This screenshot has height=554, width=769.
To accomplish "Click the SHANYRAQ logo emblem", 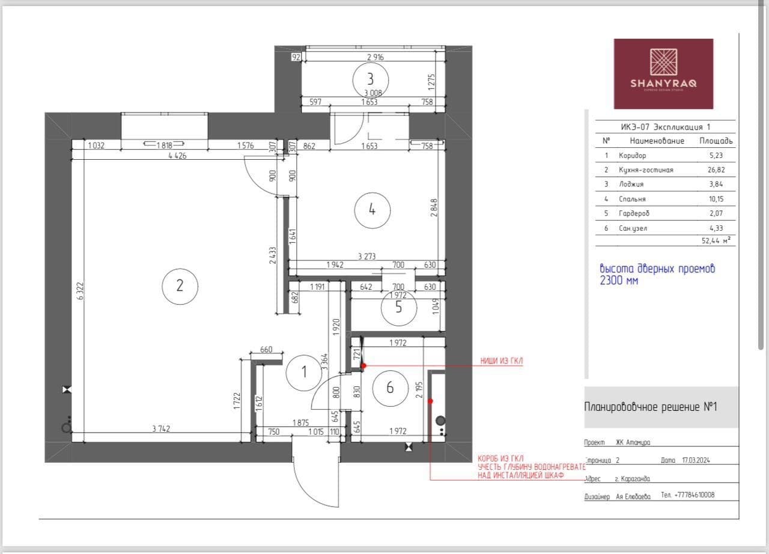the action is pyautogui.click(x=664, y=62).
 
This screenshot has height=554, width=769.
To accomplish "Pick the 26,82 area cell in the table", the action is pyautogui.click(x=716, y=169).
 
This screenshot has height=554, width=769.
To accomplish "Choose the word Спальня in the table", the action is pyautogui.click(x=632, y=199).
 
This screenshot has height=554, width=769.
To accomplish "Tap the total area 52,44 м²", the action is pyautogui.click(x=716, y=240).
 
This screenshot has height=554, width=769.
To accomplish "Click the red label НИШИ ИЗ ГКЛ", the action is pyautogui.click(x=501, y=361).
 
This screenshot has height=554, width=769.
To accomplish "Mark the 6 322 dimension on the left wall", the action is pyautogui.click(x=81, y=291).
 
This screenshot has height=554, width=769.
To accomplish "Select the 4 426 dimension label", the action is pyautogui.click(x=177, y=156).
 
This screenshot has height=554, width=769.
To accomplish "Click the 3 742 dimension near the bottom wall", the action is pyautogui.click(x=161, y=428).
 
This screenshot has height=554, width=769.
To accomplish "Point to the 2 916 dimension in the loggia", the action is pyautogui.click(x=375, y=57).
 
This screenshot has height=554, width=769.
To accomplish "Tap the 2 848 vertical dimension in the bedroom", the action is pyautogui.click(x=434, y=208).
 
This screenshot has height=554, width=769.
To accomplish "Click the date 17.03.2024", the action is pyautogui.click(x=696, y=460).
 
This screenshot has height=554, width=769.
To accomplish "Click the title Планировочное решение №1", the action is pyautogui.click(x=651, y=407).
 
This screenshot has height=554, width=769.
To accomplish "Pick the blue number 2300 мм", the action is pyautogui.click(x=619, y=281).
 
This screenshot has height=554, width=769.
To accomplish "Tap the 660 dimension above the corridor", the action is pyautogui.click(x=266, y=350).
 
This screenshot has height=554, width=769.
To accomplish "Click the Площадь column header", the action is pyautogui.click(x=716, y=141).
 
